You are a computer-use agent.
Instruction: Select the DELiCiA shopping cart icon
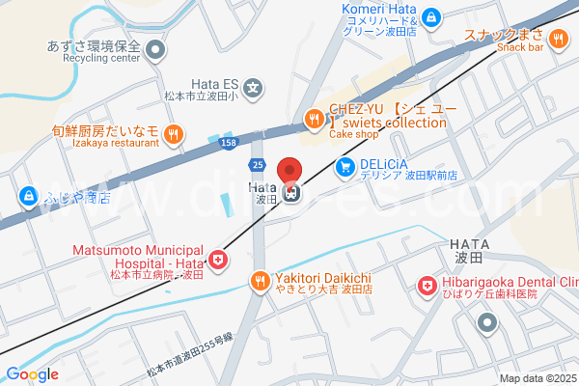pyautogui.click(x=345, y=168)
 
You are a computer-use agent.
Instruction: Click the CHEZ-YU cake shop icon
pyautogui.click(x=315, y=119)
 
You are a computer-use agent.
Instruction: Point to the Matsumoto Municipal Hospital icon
pyautogui.click(x=219, y=260)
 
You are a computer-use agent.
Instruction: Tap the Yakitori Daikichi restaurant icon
pyautogui.click(x=259, y=281)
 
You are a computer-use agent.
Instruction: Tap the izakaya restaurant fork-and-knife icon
pyautogui.click(x=173, y=134)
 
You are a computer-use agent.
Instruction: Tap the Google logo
pyautogui.click(x=32, y=374)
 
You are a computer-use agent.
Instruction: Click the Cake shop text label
pyautogui.click(x=353, y=135)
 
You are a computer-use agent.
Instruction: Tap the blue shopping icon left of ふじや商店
pyautogui.click(x=28, y=199)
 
